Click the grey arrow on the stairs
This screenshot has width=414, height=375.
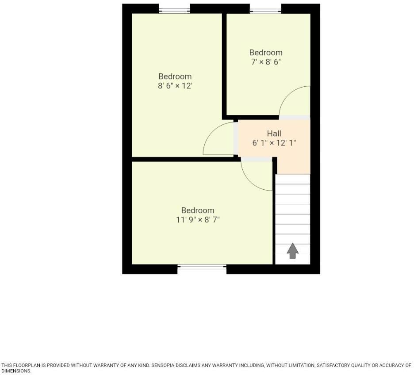[292, 250]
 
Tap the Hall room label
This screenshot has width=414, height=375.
[274, 134]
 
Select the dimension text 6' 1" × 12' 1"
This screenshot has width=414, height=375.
[274, 143]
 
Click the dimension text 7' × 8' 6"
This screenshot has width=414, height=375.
[266, 62]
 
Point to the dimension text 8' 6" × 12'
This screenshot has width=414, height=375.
[175, 86]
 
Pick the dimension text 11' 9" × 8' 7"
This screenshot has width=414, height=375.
[198, 220]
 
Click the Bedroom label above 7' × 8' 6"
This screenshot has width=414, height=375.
[266, 53]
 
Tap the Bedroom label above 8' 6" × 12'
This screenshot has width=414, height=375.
[175, 77]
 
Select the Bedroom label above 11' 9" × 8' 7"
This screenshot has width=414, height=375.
[198, 210]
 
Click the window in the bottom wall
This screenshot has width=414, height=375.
[202, 267]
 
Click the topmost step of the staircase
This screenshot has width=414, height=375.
[293, 179]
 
